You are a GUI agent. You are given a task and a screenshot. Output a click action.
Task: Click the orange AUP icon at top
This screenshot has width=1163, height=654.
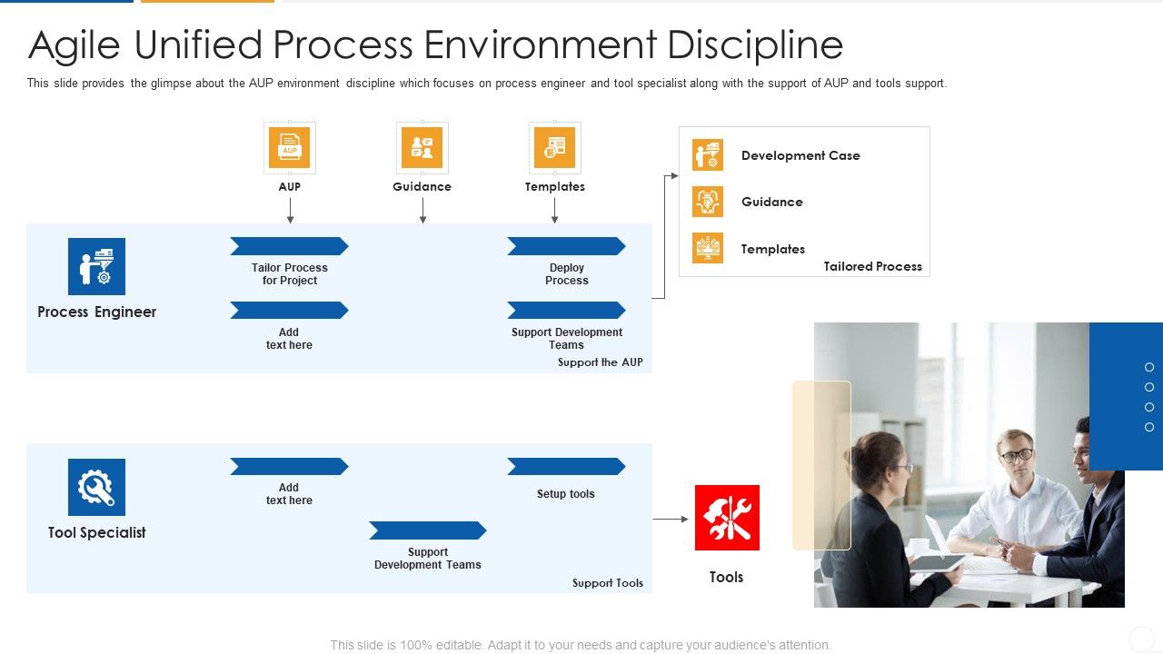[x=289, y=147]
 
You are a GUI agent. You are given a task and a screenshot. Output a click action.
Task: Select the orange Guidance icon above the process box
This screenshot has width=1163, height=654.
[x=422, y=147]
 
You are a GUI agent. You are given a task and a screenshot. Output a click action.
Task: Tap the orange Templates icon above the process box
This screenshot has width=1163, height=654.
[x=554, y=147]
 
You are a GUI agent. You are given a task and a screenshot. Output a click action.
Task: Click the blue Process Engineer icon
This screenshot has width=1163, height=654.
[x=96, y=266]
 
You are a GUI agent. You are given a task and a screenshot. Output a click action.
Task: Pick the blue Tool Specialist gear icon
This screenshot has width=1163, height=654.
[x=96, y=487]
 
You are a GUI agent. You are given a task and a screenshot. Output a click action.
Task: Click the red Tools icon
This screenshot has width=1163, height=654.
[x=727, y=518]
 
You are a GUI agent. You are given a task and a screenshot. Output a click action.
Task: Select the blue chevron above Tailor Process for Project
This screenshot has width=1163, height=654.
[x=289, y=246]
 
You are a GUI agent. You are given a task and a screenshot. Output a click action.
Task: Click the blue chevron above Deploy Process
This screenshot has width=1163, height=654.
[x=566, y=246]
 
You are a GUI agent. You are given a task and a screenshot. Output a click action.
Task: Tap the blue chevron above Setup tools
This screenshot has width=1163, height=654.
[x=566, y=467]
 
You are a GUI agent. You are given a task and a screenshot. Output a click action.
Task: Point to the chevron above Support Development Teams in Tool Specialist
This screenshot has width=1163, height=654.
[x=428, y=530]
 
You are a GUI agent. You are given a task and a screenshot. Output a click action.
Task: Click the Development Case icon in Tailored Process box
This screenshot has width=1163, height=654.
[x=708, y=155]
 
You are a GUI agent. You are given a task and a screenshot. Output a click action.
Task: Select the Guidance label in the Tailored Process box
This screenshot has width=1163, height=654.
[x=771, y=202]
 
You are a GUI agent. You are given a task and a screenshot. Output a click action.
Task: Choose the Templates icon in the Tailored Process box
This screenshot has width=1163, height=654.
[x=708, y=248]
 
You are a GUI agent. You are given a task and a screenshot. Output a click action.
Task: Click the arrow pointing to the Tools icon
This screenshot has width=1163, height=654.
[x=671, y=520]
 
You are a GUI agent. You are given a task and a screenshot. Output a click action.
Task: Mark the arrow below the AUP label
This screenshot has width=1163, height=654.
[x=290, y=210]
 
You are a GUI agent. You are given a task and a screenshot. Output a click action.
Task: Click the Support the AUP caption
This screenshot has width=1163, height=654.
[x=600, y=362]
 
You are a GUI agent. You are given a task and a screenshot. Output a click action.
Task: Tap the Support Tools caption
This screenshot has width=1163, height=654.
[x=607, y=583]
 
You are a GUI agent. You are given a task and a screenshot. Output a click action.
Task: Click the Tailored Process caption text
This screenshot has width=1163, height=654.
[x=872, y=267]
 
